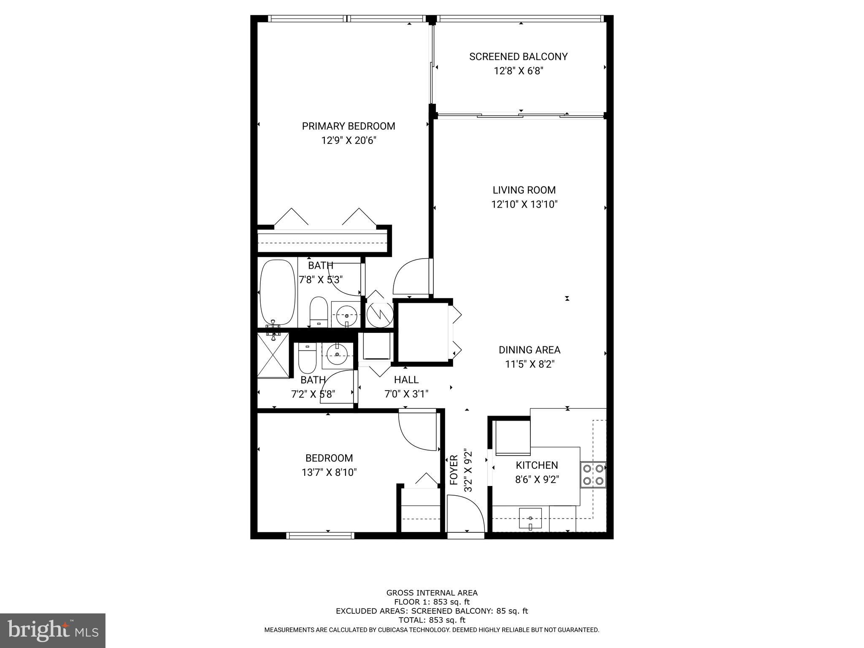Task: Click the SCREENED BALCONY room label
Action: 518,57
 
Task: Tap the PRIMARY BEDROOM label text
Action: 348,126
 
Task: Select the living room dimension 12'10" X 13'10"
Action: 524,205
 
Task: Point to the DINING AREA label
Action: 529,350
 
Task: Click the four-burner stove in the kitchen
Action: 593,475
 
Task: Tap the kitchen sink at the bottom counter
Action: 530,518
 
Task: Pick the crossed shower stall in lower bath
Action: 273,355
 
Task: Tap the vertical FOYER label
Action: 454,470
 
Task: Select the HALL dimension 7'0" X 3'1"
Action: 406,394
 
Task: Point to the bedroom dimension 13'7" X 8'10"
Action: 329,472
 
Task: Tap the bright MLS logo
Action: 53,630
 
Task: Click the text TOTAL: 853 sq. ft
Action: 432,620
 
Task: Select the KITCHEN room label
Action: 537,465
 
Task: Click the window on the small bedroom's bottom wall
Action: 320,535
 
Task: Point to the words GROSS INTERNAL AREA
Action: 432,593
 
